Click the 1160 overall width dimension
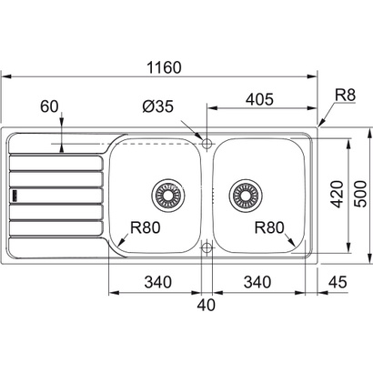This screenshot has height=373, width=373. click(163, 67)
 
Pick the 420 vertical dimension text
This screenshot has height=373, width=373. click(335, 194)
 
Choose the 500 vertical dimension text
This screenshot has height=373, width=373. click(361, 194)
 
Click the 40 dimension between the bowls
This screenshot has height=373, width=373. click(207, 305)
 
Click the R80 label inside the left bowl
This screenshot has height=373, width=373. click(146, 228)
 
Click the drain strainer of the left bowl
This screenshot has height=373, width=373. click(168, 193)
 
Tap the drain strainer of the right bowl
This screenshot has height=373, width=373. click(245, 193)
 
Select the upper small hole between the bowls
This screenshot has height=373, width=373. click(207, 144)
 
